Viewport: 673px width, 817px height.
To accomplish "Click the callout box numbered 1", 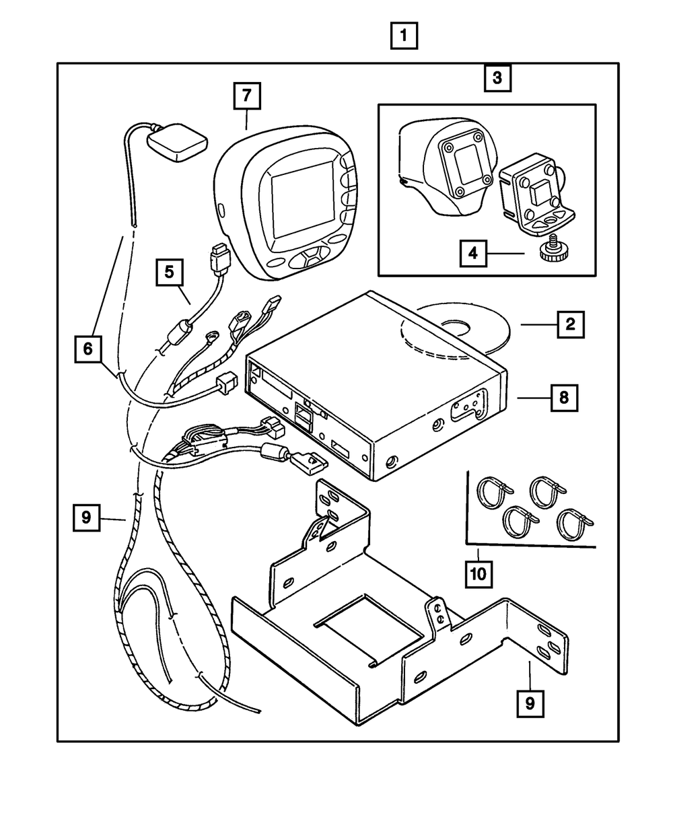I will tap(404, 36).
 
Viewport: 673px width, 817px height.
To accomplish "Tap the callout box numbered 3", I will tap(497, 78).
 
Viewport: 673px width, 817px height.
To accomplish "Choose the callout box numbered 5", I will tap(169, 272).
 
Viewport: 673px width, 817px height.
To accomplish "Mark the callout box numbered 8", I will tap(563, 397).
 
